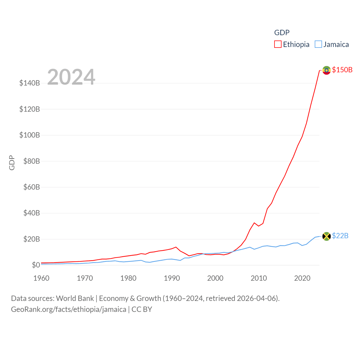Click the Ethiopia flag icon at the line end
tap(326, 70)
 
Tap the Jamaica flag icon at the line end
tap(326, 236)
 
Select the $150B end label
tap(342, 70)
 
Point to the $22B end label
tap(340, 236)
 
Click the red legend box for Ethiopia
tap(278, 44)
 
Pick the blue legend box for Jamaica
tap(318, 44)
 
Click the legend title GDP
tap(282, 33)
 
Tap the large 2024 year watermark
tap(71, 77)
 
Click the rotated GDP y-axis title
tap(12, 163)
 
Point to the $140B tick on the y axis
tap(30, 83)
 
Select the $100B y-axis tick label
tap(30, 135)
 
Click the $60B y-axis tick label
tap(31, 187)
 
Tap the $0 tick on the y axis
tap(36, 265)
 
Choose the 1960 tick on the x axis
tap(41, 278)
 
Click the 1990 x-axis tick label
tap(172, 278)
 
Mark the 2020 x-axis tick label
tap(302, 278)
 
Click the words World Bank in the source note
tap(75, 298)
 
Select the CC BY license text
tap(142, 309)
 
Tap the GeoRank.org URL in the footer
tap(69, 309)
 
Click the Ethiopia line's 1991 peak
tap(176, 247)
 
